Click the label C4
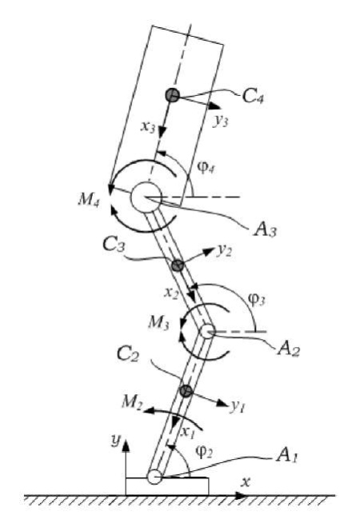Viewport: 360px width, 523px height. tap(253, 97)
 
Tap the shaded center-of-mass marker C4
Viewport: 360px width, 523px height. tap(172, 95)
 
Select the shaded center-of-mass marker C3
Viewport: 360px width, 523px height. tap(178, 265)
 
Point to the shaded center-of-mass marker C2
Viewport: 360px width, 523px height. tap(186, 390)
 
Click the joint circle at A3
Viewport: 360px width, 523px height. tap(146, 198)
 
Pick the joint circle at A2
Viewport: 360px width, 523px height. tap(207, 332)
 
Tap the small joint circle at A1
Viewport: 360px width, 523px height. tap(154, 477)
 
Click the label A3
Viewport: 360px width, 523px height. tap(266, 230)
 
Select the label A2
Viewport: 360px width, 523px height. tap(289, 349)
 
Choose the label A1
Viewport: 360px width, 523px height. tap(286, 456)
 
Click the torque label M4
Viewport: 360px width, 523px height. tap(89, 200)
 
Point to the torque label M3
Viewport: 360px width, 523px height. tap(159, 322)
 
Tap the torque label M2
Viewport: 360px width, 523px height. tap(132, 401)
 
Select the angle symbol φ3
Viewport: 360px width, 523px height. tap(257, 299)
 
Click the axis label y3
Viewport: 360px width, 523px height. tap(221, 121)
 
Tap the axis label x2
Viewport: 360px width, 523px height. tap(171, 293)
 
